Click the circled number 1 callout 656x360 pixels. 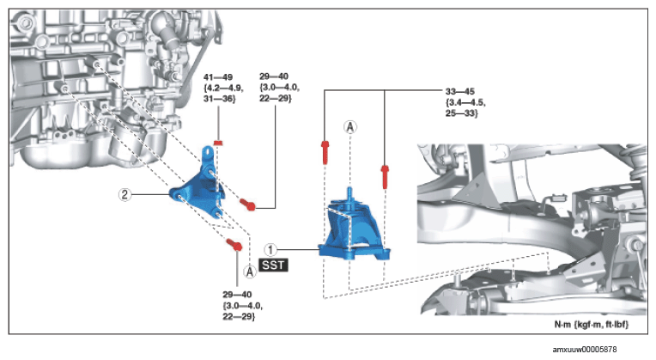pyautogui.click(x=270, y=250)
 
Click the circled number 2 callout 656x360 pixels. pyautogui.click(x=125, y=194)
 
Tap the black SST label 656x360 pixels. pyautogui.click(x=274, y=265)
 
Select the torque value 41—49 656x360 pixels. pyautogui.click(x=218, y=77)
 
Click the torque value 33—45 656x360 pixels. pyautogui.click(x=460, y=91)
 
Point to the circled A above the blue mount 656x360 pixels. pyautogui.click(x=350, y=126)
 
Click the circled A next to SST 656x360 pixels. pyautogui.click(x=250, y=272)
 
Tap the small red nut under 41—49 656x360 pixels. pyautogui.click(x=217, y=143)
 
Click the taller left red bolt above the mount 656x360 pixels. pyautogui.click(x=325, y=152)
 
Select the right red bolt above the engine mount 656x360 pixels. pyautogui.click(x=385, y=177)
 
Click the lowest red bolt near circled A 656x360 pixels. pyautogui.click(x=234, y=244)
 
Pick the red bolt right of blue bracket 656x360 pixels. pyautogui.click(x=247, y=204)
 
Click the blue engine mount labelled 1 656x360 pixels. pyautogui.click(x=355, y=229)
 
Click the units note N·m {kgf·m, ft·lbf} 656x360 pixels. pyautogui.click(x=591, y=325)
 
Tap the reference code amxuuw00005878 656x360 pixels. pyautogui.click(x=585, y=349)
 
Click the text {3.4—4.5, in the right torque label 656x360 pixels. pyautogui.click(x=465, y=102)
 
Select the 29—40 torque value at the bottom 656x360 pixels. pyautogui.click(x=237, y=295)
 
